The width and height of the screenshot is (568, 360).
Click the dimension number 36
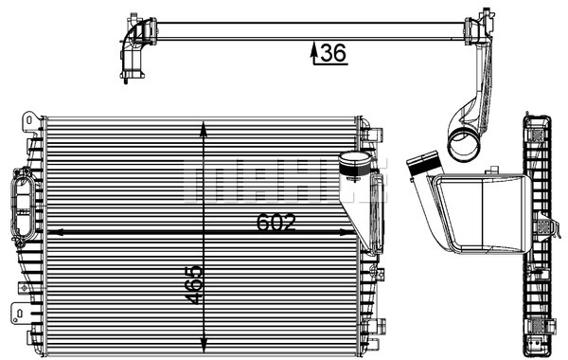coord(333,52)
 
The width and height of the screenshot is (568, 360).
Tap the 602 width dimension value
coord(276,223)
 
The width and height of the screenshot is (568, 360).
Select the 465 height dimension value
coord(193,285)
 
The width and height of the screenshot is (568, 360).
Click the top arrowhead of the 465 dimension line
coord(204,128)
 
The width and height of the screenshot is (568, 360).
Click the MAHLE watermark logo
coord(285,180)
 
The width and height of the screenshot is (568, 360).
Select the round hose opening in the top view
coord(464,146)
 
